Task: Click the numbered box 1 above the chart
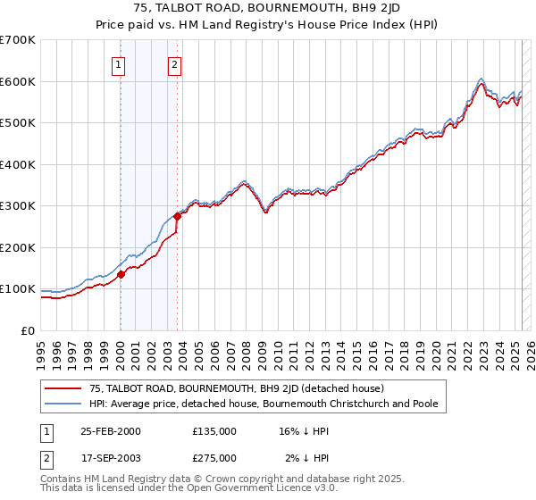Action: click(119, 64)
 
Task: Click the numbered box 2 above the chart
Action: click(175, 64)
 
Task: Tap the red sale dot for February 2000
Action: click(121, 275)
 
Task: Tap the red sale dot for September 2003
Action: click(178, 216)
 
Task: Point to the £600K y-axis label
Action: click(18, 81)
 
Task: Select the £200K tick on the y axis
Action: click(18, 247)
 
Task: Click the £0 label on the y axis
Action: click(29, 330)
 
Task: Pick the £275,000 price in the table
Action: click(214, 457)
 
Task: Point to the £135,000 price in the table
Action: click(214, 431)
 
